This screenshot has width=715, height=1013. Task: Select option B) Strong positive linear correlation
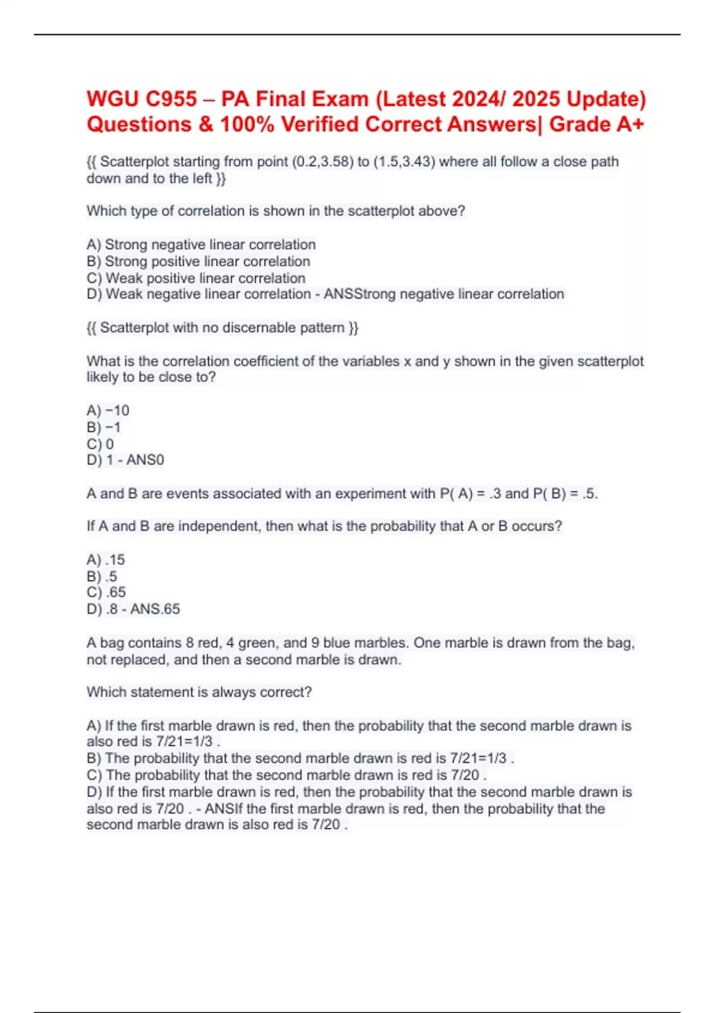click(198, 262)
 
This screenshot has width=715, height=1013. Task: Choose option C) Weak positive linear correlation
click(196, 278)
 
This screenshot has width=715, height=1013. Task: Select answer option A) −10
click(108, 411)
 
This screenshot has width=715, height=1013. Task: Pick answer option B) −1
click(104, 427)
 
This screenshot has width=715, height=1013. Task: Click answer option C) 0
click(100, 444)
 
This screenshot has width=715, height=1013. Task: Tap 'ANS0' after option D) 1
click(145, 460)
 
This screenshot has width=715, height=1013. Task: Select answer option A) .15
click(105, 560)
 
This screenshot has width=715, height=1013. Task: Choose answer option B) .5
click(102, 577)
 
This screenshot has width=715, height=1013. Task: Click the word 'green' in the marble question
click(251, 643)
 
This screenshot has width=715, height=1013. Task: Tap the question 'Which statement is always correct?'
click(199, 692)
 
